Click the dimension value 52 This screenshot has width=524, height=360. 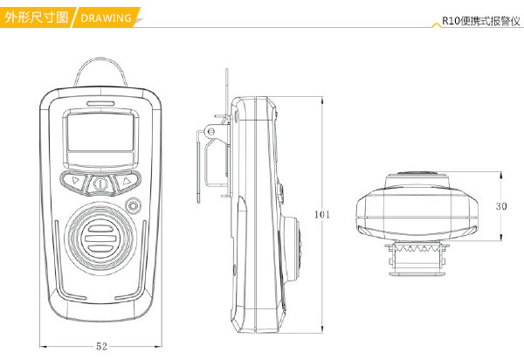coord(101,347)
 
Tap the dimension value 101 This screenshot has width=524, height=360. coord(322,214)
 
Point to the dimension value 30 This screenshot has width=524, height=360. coord(500,207)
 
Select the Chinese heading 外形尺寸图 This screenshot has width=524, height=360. coord(36,17)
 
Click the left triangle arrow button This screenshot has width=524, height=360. coord(76,183)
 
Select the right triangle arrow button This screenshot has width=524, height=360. coord(127,183)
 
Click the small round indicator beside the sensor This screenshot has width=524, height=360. coord(133,207)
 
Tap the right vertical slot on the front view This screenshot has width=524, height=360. coord(147,262)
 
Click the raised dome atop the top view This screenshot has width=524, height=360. coord(419,173)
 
